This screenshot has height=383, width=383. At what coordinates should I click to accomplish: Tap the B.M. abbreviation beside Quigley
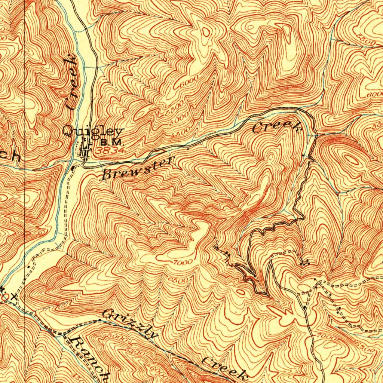click(111, 143)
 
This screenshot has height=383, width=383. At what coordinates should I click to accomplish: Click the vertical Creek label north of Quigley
click(71, 82)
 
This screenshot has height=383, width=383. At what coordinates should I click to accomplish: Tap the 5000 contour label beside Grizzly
click(116, 337)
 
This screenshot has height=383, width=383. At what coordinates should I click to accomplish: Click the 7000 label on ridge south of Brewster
click(183, 261)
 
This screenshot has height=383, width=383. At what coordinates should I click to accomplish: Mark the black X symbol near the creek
click(14, 297)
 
